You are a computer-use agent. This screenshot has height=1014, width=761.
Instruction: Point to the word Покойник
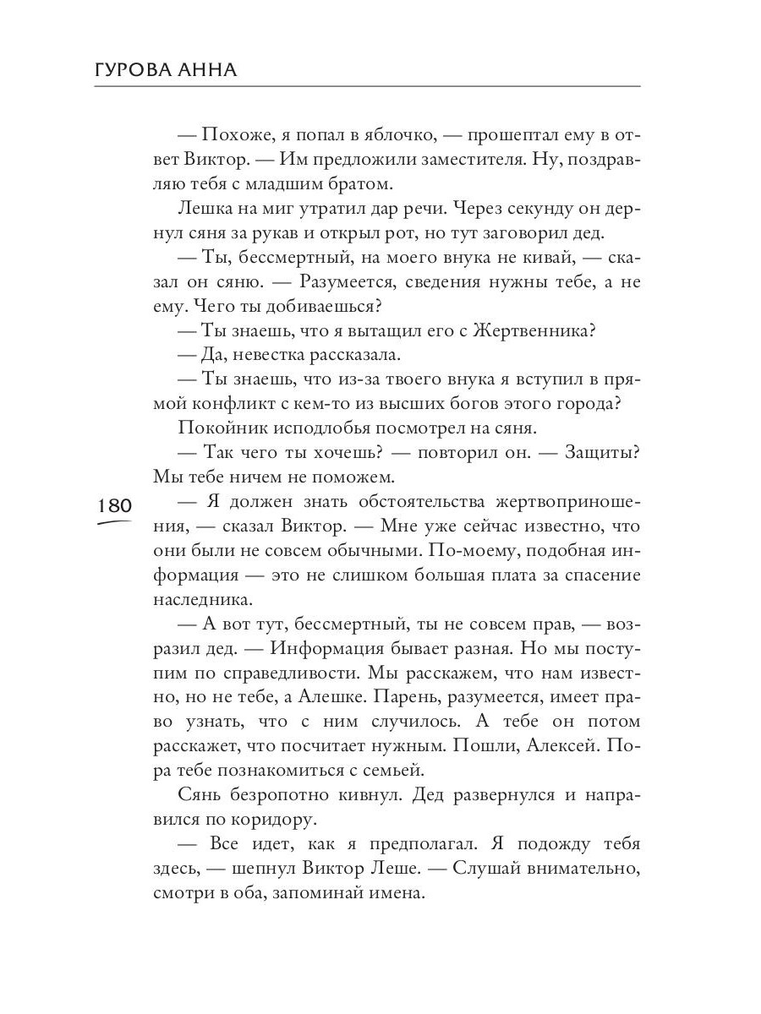coord(217,428)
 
